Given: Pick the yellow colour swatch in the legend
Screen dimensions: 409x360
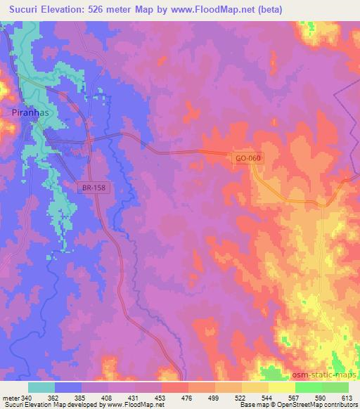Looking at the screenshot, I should coord(281,387).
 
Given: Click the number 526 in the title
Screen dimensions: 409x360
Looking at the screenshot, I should coord(102,9).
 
